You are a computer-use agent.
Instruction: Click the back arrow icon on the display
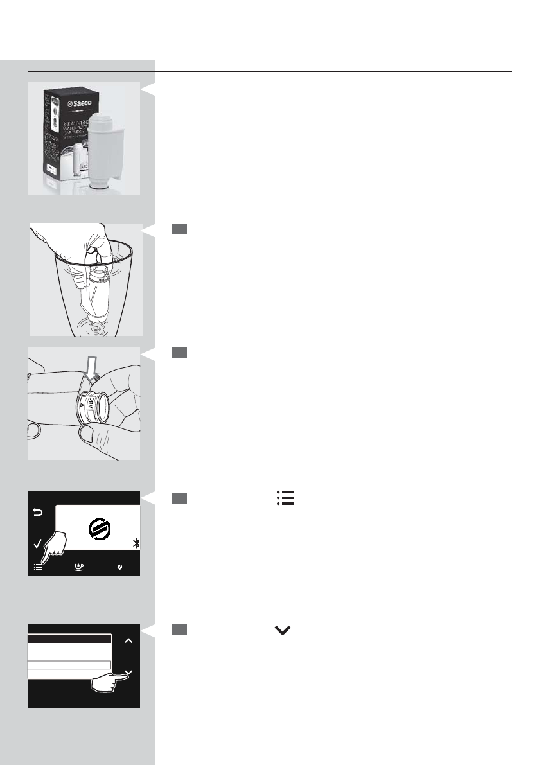coord(37,513)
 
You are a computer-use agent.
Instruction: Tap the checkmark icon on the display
coord(37,544)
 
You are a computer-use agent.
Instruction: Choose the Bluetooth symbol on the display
coord(136,544)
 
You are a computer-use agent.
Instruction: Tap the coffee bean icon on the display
coord(119,568)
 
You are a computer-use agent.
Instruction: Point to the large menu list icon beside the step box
coord(285,498)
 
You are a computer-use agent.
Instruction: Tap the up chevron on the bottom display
coord(128,640)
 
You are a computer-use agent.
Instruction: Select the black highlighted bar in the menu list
coord(69,639)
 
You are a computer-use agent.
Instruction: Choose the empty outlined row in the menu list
coord(69,665)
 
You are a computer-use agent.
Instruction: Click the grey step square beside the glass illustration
coord(179,229)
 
